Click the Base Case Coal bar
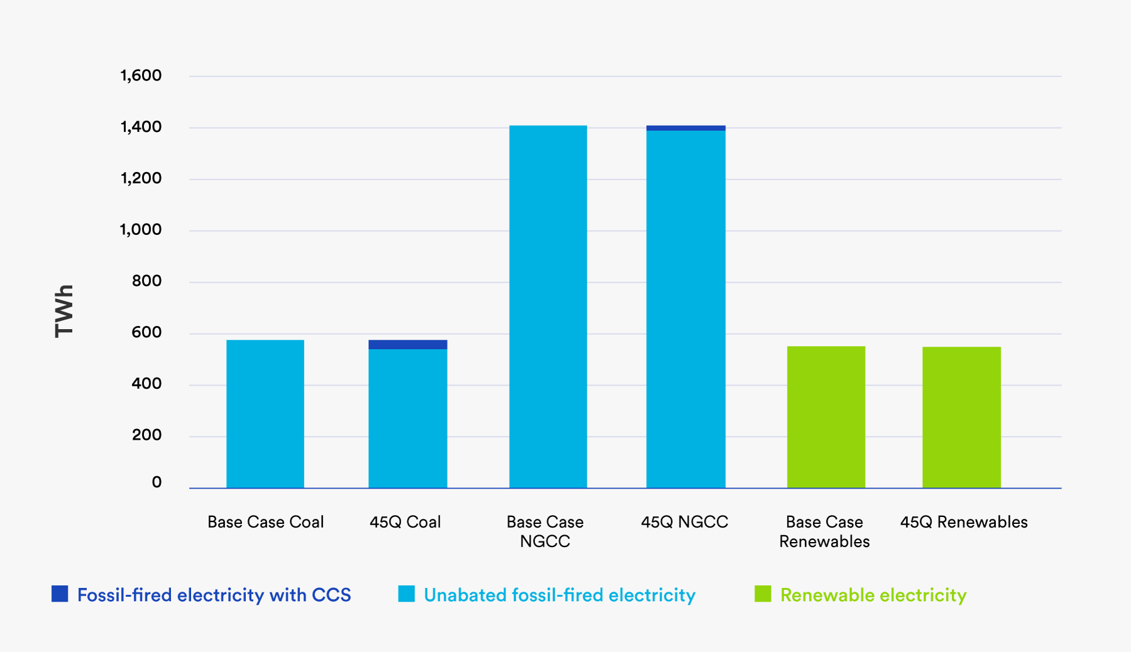(265, 414)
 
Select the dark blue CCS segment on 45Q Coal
(408, 344)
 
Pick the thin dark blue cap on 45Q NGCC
(686, 128)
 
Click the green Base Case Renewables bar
(826, 417)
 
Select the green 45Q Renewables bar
(961, 417)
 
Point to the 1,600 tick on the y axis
(141, 76)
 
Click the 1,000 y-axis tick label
(141, 230)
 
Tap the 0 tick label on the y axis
(156, 482)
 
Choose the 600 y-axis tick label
(146, 332)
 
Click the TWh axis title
(64, 311)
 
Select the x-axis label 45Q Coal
(405, 522)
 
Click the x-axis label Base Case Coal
(265, 522)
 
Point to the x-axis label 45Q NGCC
(684, 522)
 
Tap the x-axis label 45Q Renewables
(963, 522)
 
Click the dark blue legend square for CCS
(60, 594)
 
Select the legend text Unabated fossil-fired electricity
(559, 595)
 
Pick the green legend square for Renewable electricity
(763, 594)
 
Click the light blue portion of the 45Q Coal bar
(408, 418)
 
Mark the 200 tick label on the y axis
(146, 435)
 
